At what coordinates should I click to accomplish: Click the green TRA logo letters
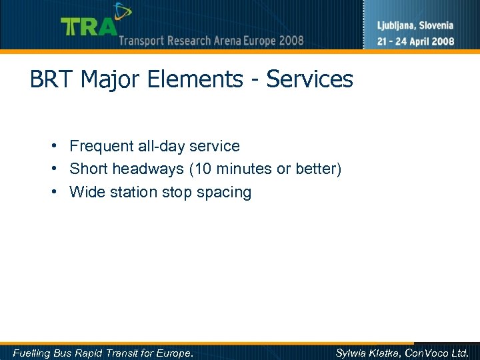click(x=88, y=27)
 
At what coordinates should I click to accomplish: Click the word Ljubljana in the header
click(x=398, y=26)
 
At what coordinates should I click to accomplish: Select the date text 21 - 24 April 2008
click(x=416, y=41)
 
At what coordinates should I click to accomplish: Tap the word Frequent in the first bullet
click(x=99, y=146)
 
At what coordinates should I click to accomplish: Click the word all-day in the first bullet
click(x=159, y=146)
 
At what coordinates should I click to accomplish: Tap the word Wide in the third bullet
click(x=86, y=193)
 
